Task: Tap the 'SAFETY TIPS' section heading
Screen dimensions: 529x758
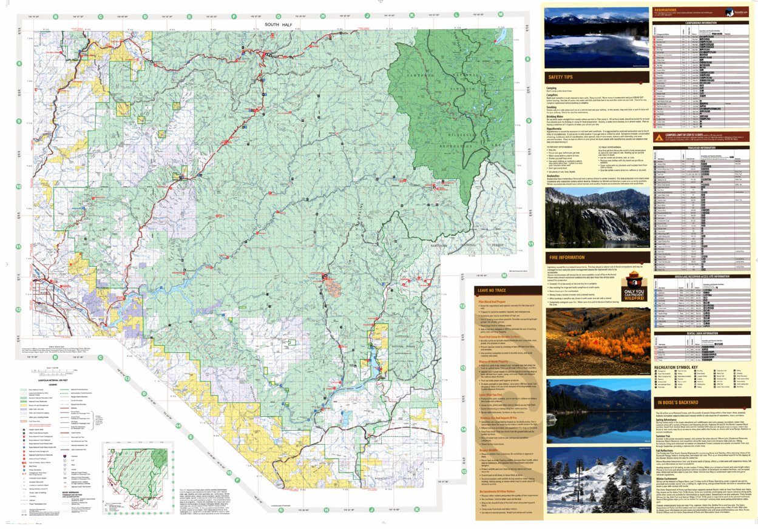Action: (x=561, y=78)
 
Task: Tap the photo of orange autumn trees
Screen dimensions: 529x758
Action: (x=598, y=343)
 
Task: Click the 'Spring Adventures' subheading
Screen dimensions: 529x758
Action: (x=671, y=419)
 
